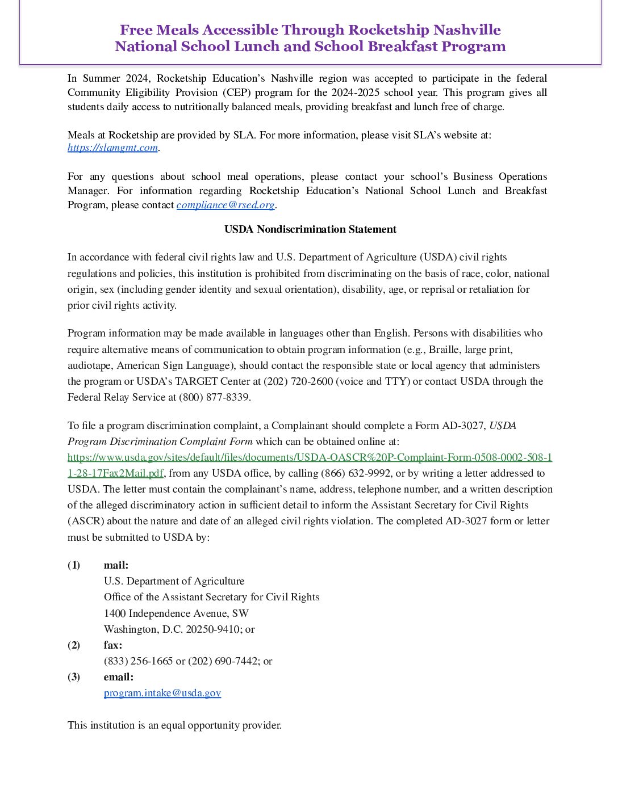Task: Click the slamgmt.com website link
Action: pos(112,148)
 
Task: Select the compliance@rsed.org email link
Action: pos(226,205)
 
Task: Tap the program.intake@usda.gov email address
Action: pos(162,693)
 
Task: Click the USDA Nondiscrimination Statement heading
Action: pos(310,229)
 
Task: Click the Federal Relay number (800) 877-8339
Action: pos(215,397)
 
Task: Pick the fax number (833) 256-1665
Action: pos(138,661)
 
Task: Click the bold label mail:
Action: pos(116,565)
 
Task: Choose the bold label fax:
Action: pos(113,645)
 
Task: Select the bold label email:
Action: pos(118,677)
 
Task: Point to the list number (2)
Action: pos(74,645)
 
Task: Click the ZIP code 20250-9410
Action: pos(213,629)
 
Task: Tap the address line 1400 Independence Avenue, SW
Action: pos(176,613)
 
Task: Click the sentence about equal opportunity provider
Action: pos(174,725)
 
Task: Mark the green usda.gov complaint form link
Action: pos(310,457)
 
